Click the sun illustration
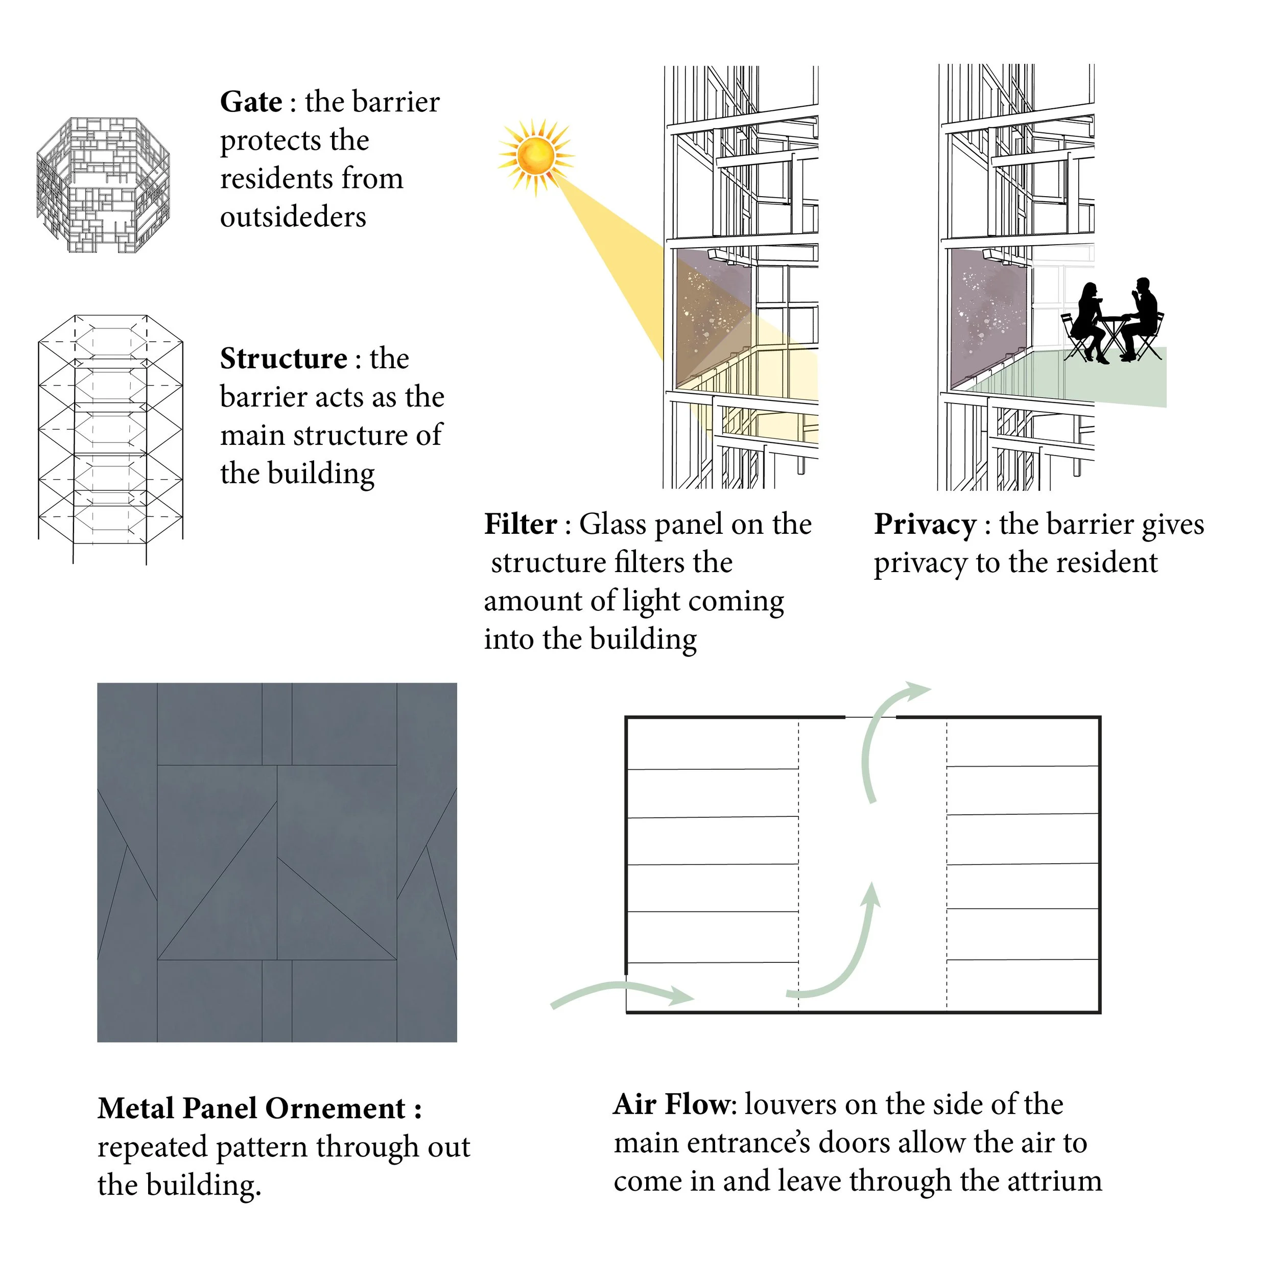(535, 156)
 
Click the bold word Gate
(251, 103)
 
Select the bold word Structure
(283, 359)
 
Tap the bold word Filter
(520, 524)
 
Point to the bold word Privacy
(925, 525)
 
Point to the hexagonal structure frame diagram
(110, 436)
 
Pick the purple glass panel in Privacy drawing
(988, 317)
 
